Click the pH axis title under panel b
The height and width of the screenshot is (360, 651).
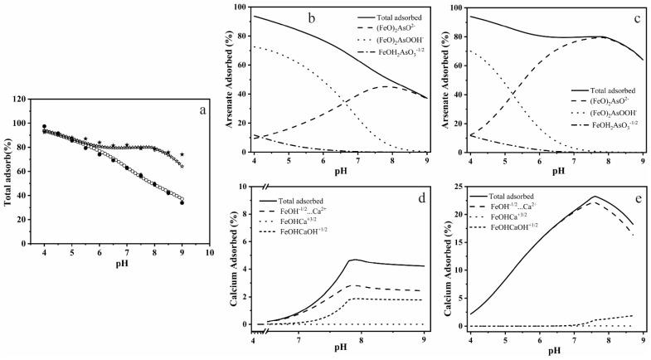(x=338, y=172)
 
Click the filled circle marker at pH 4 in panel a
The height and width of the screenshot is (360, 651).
(x=44, y=127)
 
